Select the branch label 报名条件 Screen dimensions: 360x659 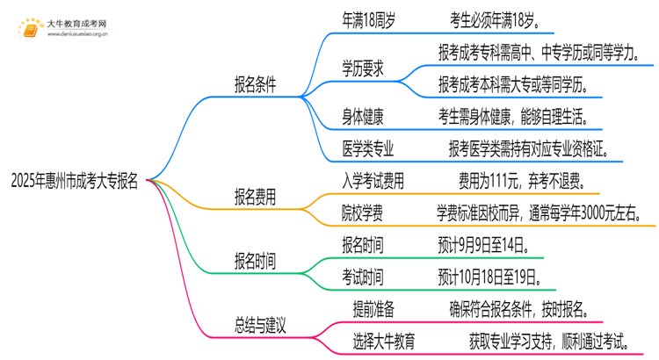coord(254,85)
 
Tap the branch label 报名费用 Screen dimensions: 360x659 coord(254,198)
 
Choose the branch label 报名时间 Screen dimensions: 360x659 coord(254,261)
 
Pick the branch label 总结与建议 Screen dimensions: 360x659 coord(260,324)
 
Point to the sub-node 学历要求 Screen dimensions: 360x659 coord(362,68)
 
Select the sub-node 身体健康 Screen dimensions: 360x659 coord(362,116)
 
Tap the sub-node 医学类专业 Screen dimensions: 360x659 coord(368,147)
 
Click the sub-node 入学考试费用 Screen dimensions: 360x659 coord(373,182)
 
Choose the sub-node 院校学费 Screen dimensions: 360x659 coord(362,213)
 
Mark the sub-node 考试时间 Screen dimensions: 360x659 coord(362,277)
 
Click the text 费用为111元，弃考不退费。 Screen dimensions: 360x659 coord(518,182)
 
